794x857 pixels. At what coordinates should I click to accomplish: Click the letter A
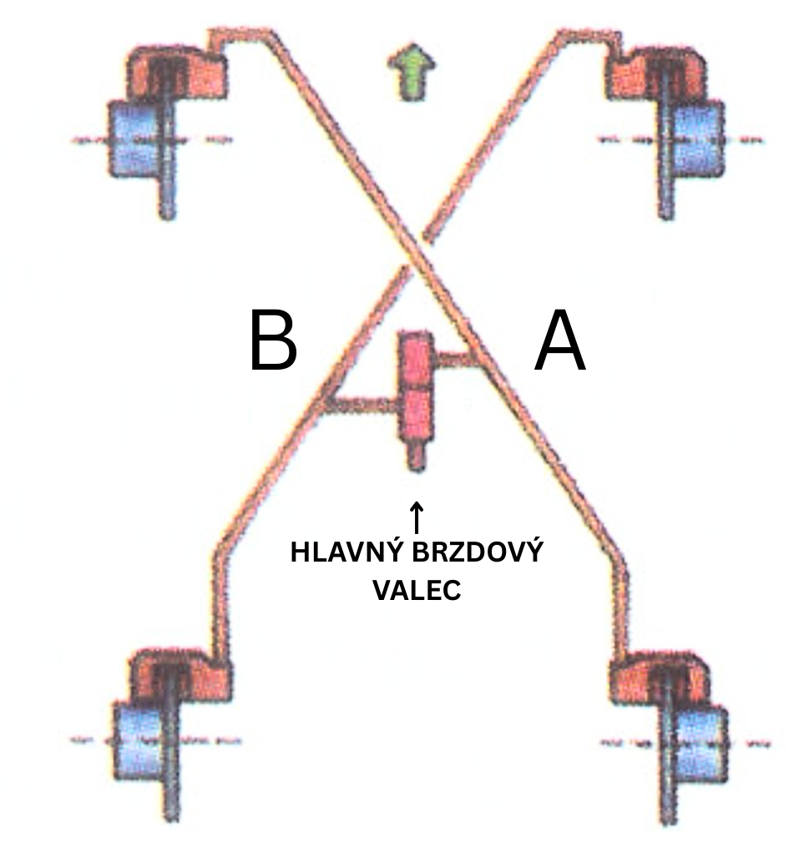pyautogui.click(x=560, y=343)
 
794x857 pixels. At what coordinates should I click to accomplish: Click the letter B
pyautogui.click(x=272, y=343)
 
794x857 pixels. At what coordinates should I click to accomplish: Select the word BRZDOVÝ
pyautogui.click(x=482, y=553)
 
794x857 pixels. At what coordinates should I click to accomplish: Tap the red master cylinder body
pyautogui.click(x=416, y=386)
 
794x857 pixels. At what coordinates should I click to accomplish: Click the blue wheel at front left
pyautogui.click(x=134, y=138)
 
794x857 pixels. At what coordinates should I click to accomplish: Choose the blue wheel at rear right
pyautogui.click(x=696, y=741)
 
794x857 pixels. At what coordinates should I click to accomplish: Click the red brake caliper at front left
pyautogui.click(x=180, y=73)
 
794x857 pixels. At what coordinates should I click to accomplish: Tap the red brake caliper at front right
pyautogui.click(x=651, y=73)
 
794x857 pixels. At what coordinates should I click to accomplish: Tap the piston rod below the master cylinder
pyautogui.click(x=416, y=457)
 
